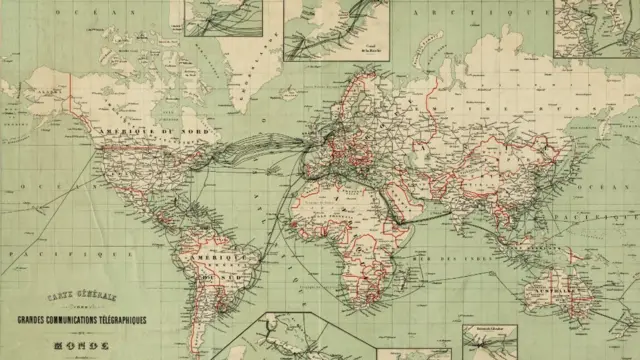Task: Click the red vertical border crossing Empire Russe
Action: [x=432, y=100]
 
